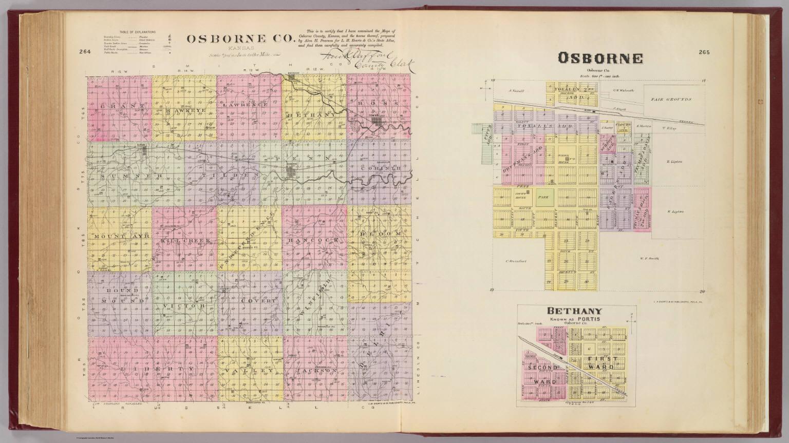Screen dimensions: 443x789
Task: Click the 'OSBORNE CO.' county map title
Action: click(240, 38)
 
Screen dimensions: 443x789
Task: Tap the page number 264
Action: click(85, 51)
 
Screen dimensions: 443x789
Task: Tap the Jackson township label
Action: click(315, 370)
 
